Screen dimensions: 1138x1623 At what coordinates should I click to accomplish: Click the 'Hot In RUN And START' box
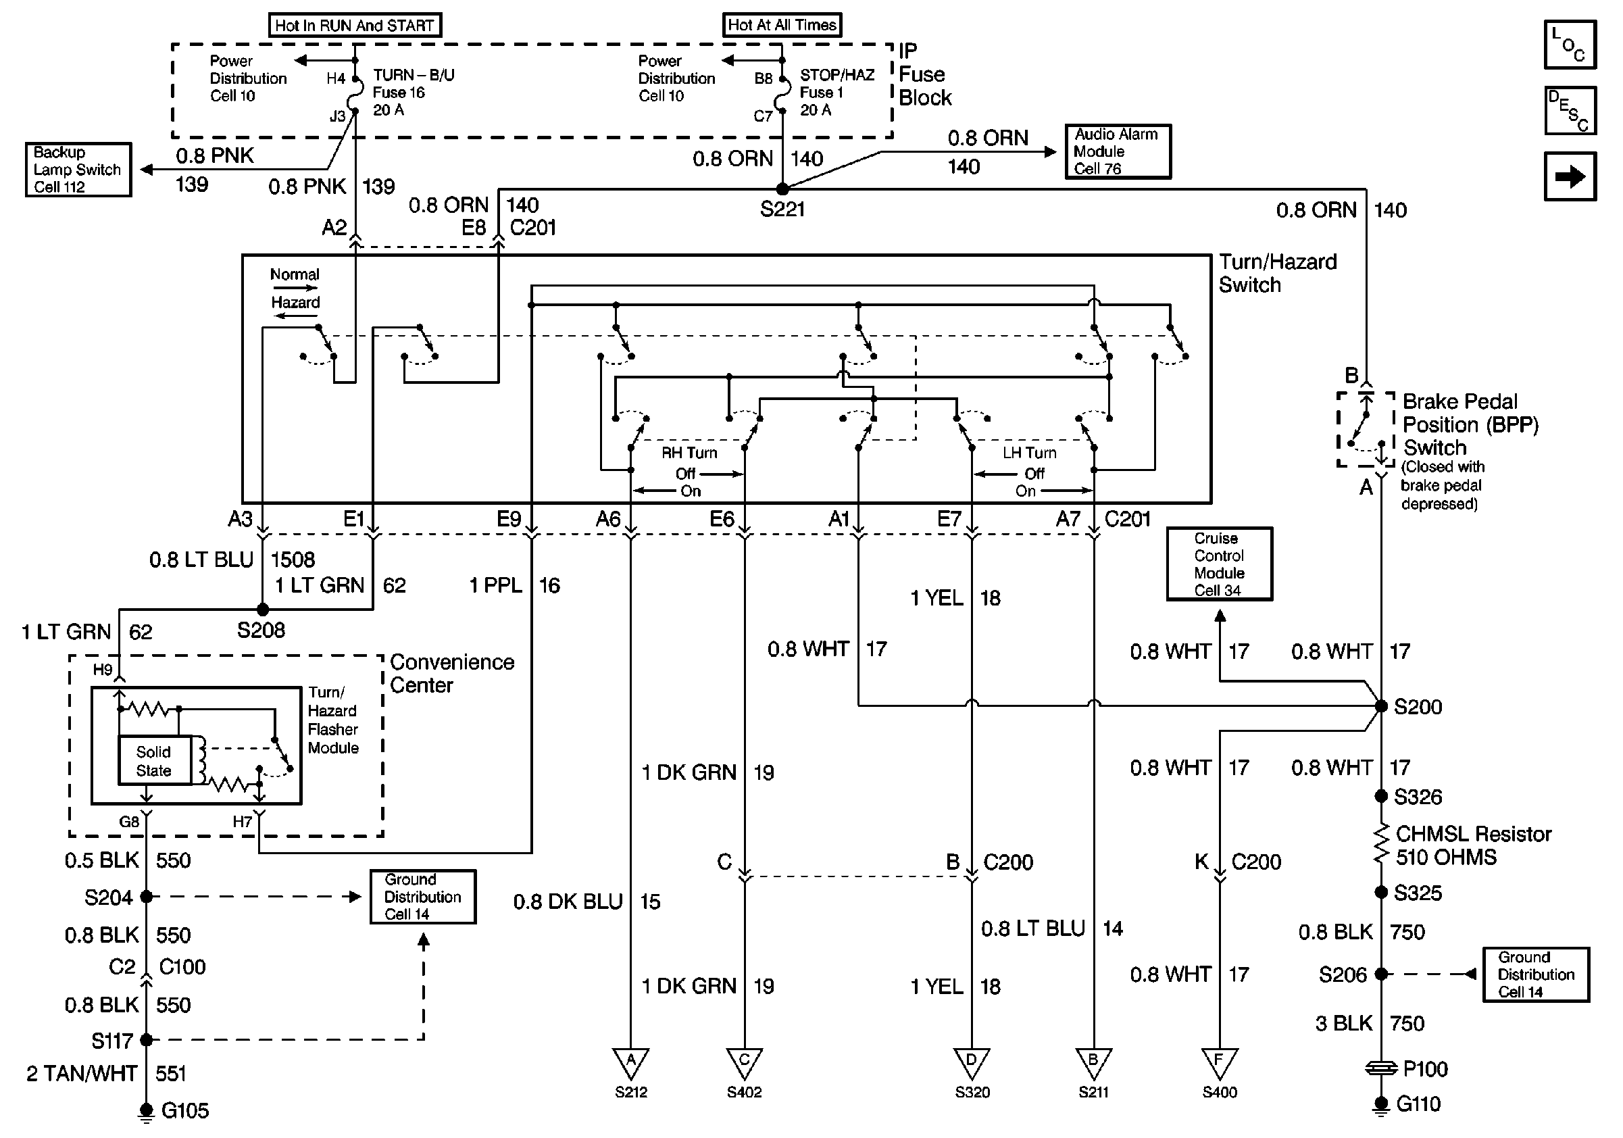point(354,26)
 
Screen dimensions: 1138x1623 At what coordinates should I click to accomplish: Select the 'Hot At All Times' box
point(782,26)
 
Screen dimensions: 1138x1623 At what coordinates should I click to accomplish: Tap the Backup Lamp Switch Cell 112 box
point(78,170)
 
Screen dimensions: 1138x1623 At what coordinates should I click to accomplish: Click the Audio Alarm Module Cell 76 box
point(1118,151)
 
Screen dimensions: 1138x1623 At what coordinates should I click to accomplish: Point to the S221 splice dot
point(782,189)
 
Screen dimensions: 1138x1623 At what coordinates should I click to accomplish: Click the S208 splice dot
point(262,610)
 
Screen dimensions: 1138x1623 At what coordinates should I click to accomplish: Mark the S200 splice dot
point(1380,706)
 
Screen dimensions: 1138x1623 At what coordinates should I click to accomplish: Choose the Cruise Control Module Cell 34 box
point(1220,564)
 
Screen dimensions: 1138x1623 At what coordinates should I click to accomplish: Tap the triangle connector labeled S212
point(630,1062)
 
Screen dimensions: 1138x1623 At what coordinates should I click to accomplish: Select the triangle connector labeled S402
point(745,1062)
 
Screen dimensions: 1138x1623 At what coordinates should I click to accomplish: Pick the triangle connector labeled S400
point(1220,1062)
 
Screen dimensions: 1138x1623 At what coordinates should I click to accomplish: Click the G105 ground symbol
point(147,1112)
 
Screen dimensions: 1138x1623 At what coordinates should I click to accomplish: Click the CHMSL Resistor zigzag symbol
point(1380,845)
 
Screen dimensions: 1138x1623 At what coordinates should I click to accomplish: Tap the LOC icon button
point(1570,45)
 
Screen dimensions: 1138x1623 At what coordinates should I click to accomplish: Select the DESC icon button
point(1570,111)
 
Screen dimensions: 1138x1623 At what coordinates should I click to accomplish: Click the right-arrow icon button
point(1570,176)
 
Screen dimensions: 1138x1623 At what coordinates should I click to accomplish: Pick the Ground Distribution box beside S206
point(1535,974)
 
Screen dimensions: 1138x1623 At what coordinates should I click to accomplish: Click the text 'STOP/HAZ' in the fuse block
point(837,75)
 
